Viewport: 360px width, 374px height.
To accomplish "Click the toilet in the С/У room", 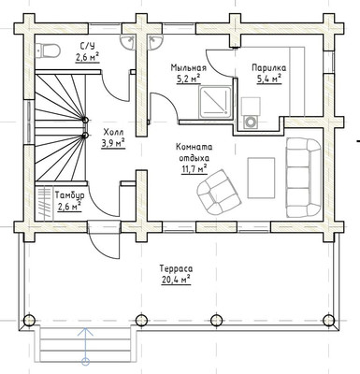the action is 48,50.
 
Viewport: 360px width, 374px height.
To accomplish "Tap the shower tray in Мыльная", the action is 216,102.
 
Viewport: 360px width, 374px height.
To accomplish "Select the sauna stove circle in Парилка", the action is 250,122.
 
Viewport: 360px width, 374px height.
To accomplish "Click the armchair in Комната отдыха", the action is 219,192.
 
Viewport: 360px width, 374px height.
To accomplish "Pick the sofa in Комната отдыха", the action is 303,178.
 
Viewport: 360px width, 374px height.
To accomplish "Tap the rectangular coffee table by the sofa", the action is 261,178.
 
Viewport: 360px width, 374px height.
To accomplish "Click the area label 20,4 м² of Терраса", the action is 176,280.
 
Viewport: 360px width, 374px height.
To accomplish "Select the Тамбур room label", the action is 70,195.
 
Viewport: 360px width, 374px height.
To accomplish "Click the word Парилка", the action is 269,67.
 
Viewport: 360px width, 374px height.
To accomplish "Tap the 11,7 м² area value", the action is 194,169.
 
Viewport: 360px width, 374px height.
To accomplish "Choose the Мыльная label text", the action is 188,67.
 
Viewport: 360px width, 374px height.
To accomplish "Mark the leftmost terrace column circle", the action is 30,320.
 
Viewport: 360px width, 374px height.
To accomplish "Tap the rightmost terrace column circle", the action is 328,320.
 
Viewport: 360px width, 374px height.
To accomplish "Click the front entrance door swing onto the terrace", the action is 104,245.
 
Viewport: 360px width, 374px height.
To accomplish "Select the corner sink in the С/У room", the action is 128,42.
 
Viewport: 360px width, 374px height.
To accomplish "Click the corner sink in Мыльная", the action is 155,42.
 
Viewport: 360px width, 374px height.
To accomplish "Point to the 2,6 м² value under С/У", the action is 87,57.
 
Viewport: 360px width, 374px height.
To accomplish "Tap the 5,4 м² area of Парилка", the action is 269,79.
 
